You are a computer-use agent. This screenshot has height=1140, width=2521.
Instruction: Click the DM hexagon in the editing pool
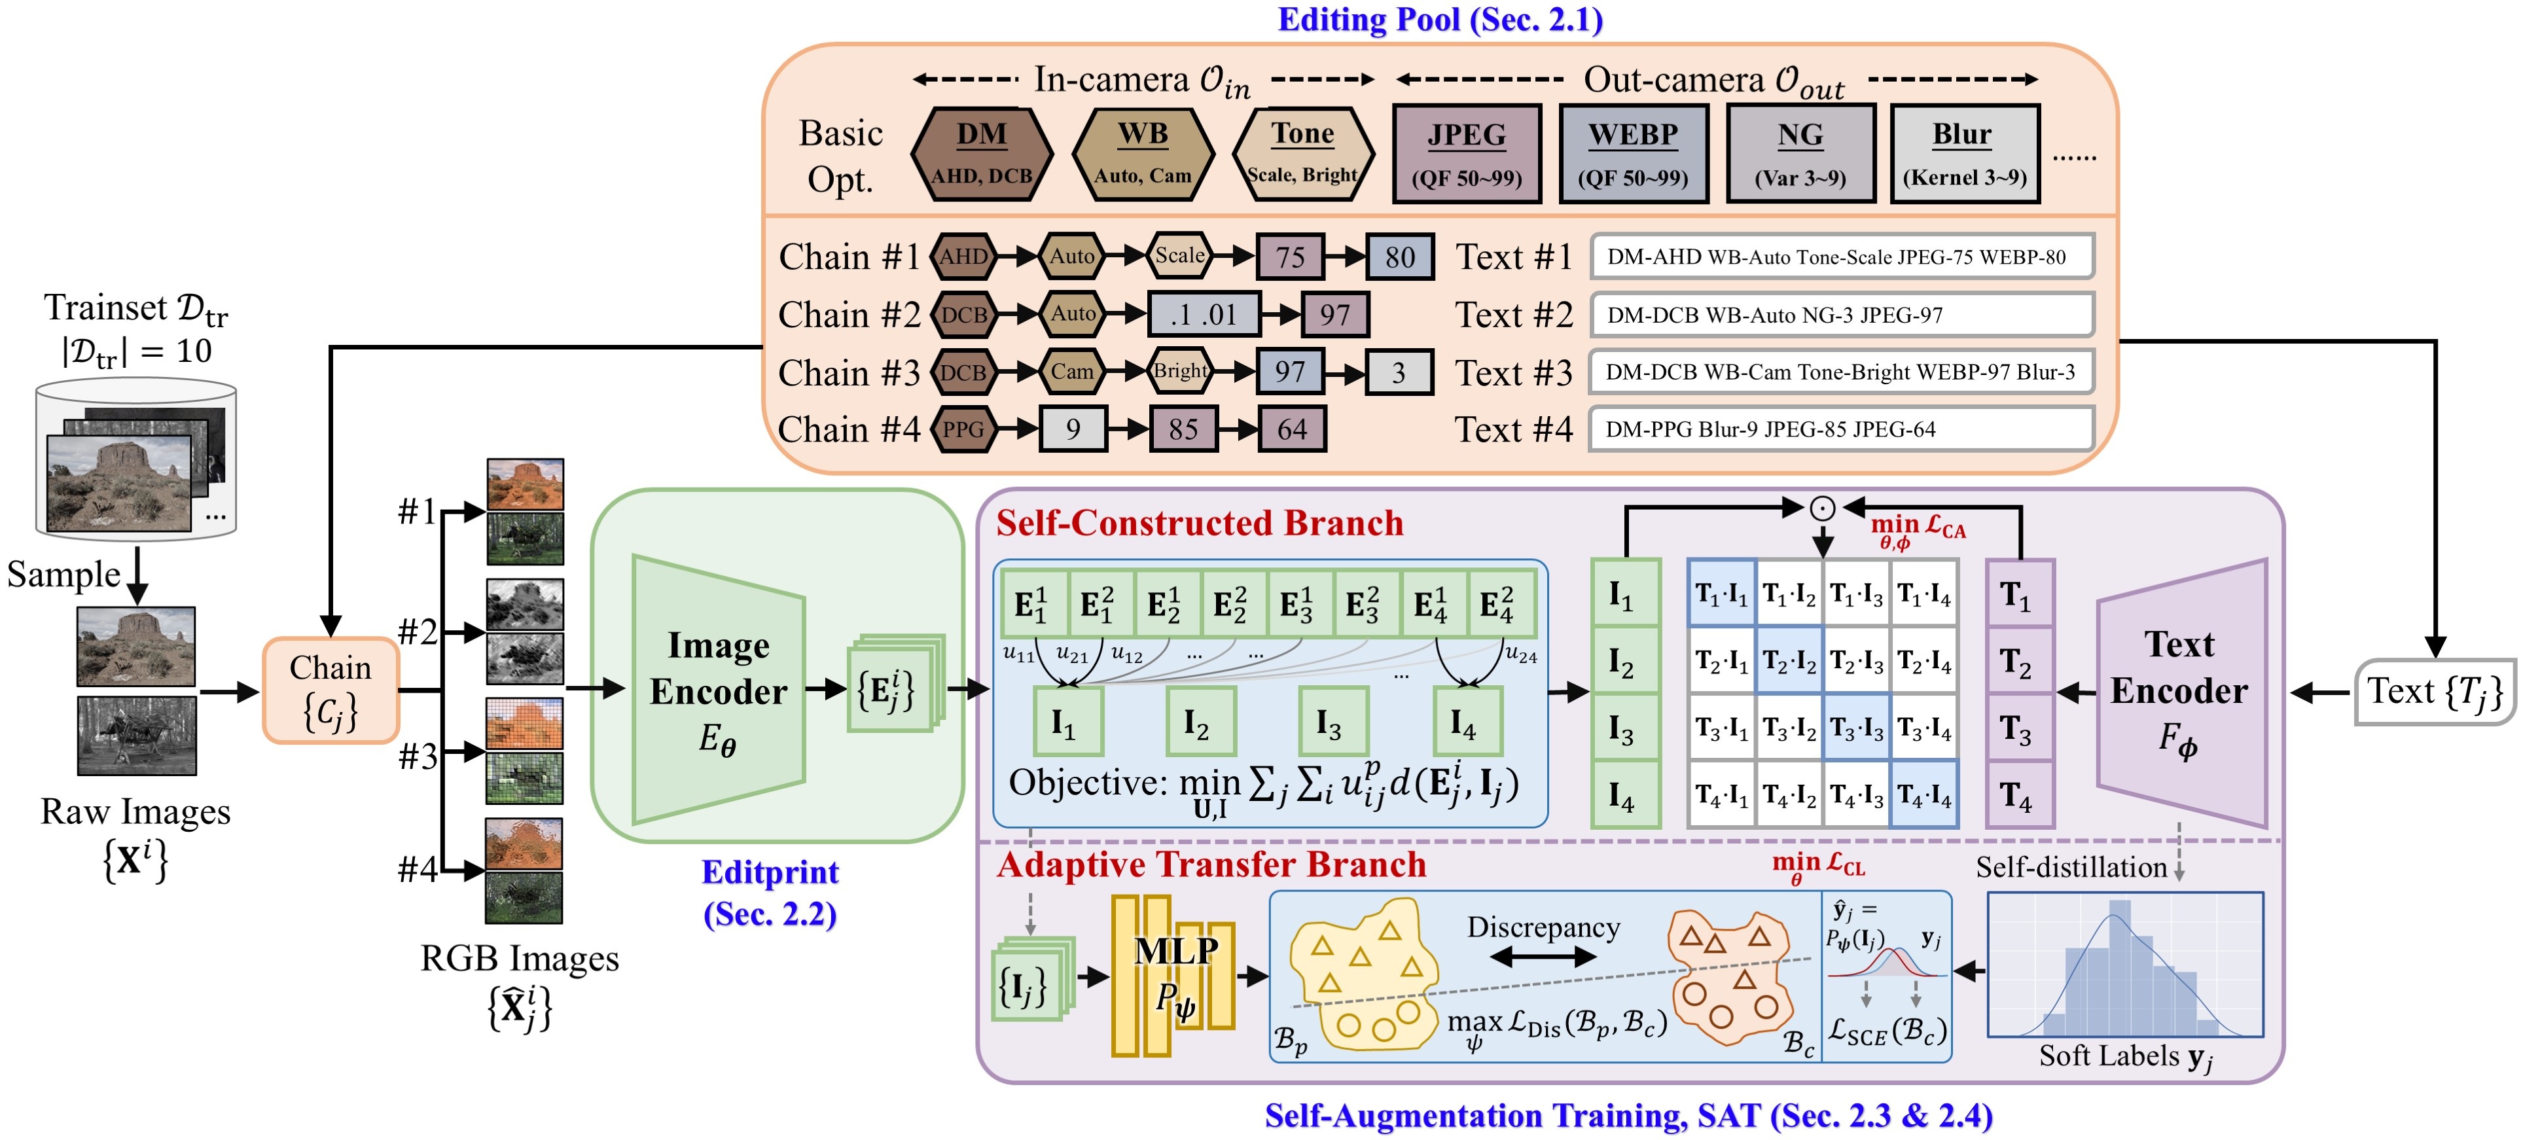[x=982, y=154]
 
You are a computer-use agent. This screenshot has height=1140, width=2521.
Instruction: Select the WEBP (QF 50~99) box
[x=1632, y=154]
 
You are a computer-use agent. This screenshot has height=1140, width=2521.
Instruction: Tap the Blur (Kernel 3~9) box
[x=1964, y=154]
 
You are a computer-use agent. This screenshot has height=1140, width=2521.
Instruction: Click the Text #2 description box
[x=1840, y=315]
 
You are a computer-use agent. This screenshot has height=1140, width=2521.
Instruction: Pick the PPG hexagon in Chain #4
[x=963, y=429]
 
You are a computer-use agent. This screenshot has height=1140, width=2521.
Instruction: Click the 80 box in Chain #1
[x=1399, y=257]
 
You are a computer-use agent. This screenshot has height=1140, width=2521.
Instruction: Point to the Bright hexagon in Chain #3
[x=1179, y=372]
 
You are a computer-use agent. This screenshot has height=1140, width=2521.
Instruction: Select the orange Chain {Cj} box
[x=331, y=690]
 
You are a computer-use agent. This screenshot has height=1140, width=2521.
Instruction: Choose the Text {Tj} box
[x=2434, y=692]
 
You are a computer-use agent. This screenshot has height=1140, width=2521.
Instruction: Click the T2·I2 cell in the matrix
[x=1789, y=662]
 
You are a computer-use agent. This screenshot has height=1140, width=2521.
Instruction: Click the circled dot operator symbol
[x=1822, y=508]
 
